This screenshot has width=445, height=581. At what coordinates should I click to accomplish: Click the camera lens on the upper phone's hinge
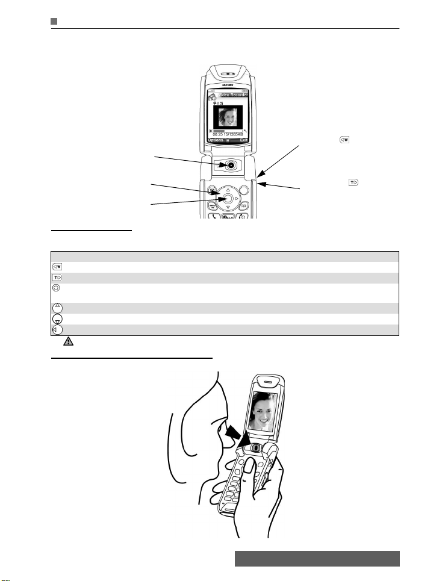pyautogui.click(x=231, y=164)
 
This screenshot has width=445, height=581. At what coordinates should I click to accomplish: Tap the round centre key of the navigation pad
pyautogui.click(x=225, y=198)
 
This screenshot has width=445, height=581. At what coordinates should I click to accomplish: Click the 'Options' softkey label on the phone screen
pyautogui.click(x=216, y=140)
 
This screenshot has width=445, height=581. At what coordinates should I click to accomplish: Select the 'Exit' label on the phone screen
pyautogui.click(x=243, y=140)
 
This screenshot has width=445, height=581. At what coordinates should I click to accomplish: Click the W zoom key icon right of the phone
pyautogui.click(x=344, y=140)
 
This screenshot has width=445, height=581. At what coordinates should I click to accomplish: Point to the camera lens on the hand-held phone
pyautogui.click(x=256, y=449)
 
